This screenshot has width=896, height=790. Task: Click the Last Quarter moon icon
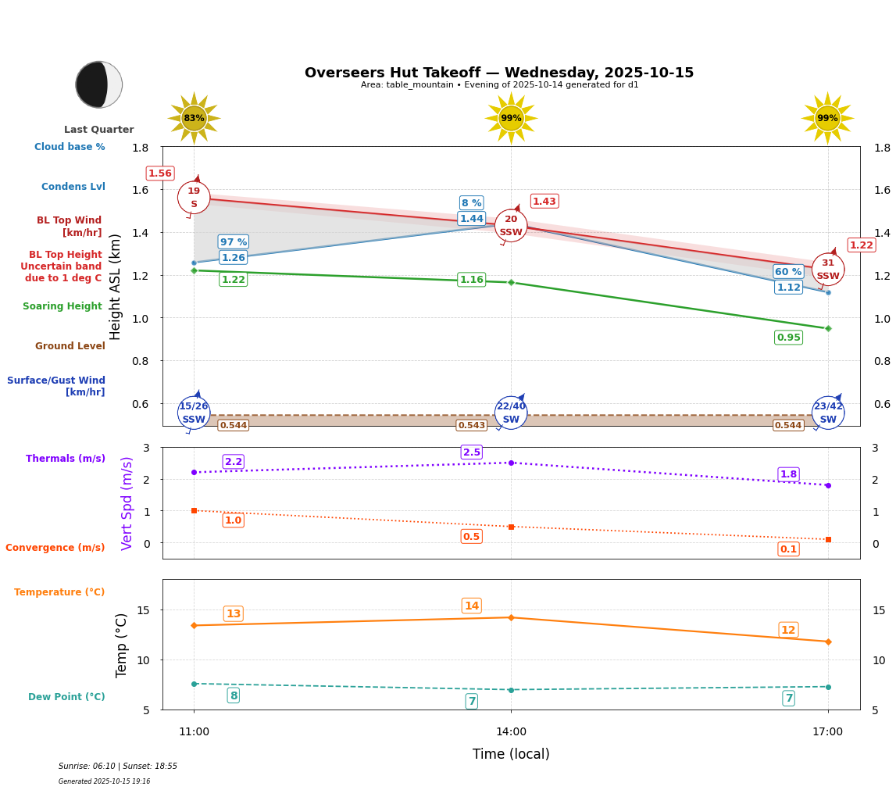click(x=99, y=84)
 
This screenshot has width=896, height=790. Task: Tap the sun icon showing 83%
click(x=194, y=118)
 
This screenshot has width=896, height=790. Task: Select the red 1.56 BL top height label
click(x=160, y=173)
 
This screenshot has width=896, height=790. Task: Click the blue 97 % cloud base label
click(x=233, y=242)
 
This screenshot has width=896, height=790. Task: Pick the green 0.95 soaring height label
click(x=788, y=338)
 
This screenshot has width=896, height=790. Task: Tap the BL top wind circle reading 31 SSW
click(x=827, y=270)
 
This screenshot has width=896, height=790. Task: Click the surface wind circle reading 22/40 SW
click(x=511, y=413)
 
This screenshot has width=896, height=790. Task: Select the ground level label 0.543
click(x=471, y=426)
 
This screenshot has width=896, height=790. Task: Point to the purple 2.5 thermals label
click(x=472, y=452)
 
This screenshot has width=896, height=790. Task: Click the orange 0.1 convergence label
click(x=788, y=549)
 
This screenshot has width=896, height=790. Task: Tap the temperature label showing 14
click(x=472, y=606)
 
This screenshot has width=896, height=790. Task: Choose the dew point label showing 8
click(x=233, y=695)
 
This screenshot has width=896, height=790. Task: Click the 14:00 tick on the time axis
click(x=511, y=732)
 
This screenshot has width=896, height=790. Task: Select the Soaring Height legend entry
click(x=62, y=306)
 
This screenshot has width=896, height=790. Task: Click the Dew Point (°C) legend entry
click(x=66, y=697)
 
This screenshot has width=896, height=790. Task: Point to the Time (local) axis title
click(x=511, y=754)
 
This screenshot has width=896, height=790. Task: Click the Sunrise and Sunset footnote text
click(x=118, y=767)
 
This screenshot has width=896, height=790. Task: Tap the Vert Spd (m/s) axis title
click(x=127, y=503)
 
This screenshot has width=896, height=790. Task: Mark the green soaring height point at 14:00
click(x=511, y=282)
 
